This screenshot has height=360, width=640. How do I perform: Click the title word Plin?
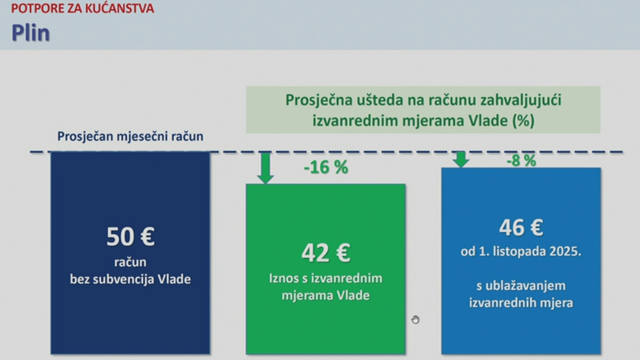31,33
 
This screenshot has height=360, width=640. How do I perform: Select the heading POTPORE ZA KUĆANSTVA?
82,8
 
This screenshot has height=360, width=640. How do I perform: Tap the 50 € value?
130,236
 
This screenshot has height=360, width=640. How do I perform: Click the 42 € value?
325,252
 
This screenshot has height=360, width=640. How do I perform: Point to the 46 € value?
521,227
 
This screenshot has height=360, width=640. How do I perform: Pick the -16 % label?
325,167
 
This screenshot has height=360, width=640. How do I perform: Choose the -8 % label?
521,160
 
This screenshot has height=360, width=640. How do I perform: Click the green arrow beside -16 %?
265,168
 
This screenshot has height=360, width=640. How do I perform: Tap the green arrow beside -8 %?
460,159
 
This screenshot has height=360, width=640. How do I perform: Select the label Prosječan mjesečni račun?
130,136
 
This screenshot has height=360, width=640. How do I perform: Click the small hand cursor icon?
415,319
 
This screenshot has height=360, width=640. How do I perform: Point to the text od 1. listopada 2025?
521,251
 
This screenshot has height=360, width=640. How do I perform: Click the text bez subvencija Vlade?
130,279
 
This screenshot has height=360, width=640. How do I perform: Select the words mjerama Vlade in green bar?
325,295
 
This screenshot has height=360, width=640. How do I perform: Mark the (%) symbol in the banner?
523,121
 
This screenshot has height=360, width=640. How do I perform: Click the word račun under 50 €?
130,262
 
